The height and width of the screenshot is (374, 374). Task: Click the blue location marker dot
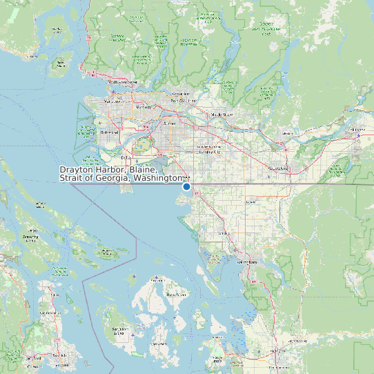[x=186, y=186]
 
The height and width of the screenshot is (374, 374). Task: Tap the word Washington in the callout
[x=157, y=179]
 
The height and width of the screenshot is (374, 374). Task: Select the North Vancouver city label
[x=123, y=83]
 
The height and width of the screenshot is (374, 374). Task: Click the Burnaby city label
[x=144, y=108]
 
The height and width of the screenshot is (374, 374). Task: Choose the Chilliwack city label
[x=357, y=129]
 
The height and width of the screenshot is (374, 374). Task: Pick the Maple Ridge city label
[x=222, y=115]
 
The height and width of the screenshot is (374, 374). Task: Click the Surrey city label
[x=168, y=122]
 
